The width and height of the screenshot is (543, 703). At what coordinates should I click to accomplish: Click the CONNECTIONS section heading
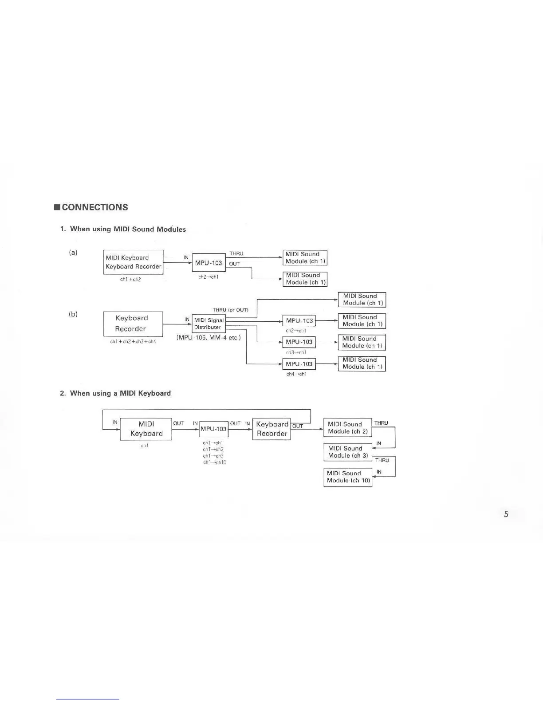pos(94,207)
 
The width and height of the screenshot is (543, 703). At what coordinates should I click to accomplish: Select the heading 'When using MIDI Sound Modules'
pos(128,229)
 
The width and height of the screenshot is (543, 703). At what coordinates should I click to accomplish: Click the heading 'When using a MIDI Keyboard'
pos(120,393)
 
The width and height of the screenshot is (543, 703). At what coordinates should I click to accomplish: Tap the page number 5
pos(506,514)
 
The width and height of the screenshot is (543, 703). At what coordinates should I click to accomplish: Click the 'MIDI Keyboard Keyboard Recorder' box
pos(133,262)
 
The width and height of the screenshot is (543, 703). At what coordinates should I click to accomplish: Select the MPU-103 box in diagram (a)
pos(209,263)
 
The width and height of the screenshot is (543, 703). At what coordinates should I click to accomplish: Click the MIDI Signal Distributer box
pos(209,324)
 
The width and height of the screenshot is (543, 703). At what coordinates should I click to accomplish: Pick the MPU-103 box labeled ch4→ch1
pos(299,364)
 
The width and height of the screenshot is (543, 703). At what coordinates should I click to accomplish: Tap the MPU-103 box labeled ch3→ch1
pos(299,342)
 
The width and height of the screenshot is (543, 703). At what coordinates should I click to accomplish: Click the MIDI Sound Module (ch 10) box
pos(348,477)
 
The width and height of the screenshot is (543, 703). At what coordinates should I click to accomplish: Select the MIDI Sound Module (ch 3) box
pos(348,452)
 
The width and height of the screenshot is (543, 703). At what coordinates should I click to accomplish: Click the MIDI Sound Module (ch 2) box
pos(348,428)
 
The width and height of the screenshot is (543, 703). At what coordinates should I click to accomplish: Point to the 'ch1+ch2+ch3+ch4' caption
pos(133,342)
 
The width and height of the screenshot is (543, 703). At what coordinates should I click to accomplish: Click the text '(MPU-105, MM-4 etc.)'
pos(209,338)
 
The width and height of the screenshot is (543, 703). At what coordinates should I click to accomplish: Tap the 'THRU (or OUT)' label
pos(230,310)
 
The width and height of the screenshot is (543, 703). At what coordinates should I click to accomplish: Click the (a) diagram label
pos(73,253)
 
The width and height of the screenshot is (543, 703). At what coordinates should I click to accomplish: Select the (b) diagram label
pos(73,314)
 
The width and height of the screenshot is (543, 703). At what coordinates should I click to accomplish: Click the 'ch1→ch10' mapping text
pos(215,462)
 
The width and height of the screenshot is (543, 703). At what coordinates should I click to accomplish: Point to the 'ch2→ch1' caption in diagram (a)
pos(208,277)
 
